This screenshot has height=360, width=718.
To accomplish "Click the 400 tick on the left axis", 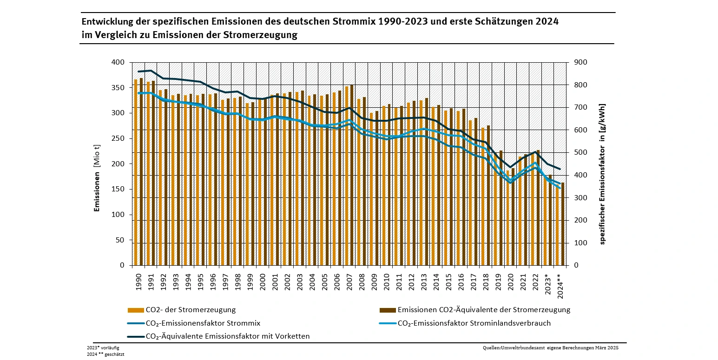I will [x=119, y=62].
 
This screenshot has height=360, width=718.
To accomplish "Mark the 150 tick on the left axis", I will [x=119, y=189].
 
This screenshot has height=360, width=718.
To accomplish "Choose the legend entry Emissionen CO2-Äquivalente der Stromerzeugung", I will [x=484, y=310].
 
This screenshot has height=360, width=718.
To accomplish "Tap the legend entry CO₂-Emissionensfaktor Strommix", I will [x=203, y=323].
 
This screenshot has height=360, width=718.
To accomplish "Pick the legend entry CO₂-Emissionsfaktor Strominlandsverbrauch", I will [x=474, y=323].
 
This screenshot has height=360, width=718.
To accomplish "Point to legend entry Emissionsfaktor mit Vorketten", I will [x=227, y=336].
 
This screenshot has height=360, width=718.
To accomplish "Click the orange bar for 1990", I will [x=136, y=172].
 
